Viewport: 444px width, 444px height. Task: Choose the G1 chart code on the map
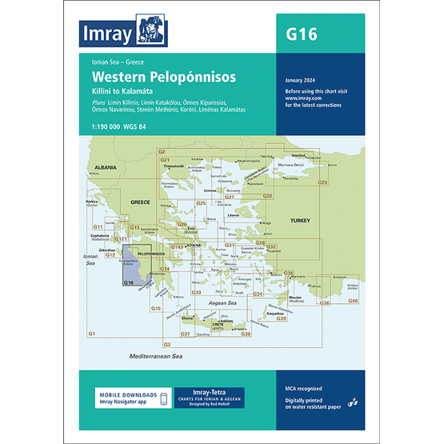(x=92, y=333)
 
